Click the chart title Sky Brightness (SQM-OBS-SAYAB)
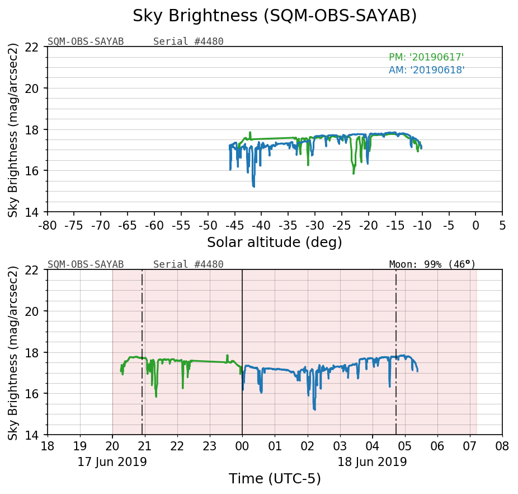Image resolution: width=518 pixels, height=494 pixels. (275, 16)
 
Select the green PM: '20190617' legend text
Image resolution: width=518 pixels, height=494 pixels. (426, 57)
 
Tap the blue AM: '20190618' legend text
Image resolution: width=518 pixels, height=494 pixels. (426, 70)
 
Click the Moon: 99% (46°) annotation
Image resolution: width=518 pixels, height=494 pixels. (432, 264)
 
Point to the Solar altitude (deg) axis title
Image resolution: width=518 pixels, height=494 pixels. (274, 243)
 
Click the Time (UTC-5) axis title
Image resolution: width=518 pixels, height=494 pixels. (275, 479)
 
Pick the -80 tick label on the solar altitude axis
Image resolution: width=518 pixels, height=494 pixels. (48, 225)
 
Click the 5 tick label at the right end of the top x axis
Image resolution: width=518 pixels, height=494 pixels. (502, 225)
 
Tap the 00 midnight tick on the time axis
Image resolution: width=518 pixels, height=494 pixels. (242, 448)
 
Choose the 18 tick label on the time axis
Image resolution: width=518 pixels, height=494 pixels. (48, 448)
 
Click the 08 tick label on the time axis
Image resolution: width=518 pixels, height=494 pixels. (502, 448)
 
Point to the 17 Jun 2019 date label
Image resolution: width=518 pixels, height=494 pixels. (112, 462)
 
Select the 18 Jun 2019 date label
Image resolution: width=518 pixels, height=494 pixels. (372, 462)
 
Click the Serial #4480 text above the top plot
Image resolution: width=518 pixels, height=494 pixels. (188, 41)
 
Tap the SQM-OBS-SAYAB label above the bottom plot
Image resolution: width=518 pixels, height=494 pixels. (86, 264)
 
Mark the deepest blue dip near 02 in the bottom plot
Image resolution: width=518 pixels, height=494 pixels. (314, 409)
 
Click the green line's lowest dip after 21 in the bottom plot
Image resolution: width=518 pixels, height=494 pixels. (156, 396)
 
